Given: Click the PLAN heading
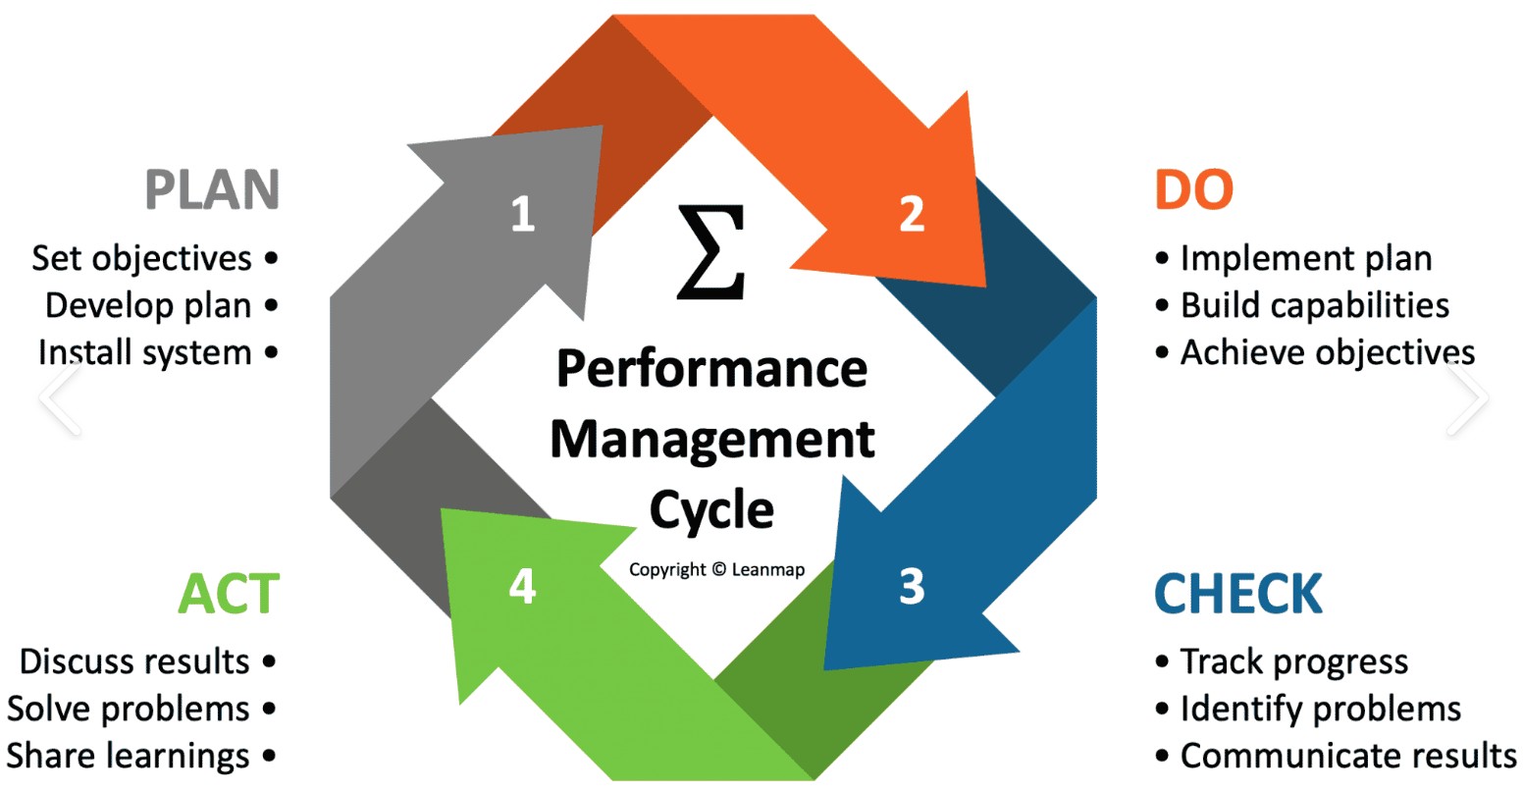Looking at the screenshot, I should coord(212,189).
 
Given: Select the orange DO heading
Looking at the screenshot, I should coord(1193,189).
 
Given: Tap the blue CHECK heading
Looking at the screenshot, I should coord(1238,594).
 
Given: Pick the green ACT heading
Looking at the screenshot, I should coord(229,594).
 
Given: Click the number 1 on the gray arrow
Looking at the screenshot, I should coord(522,213).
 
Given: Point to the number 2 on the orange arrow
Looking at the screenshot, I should coord(912,213).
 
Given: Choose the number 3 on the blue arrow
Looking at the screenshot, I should coord(912,586).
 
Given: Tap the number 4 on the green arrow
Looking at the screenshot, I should coord(522,587).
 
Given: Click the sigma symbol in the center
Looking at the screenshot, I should coord(711,252).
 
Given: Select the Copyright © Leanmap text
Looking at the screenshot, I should coord(716,570).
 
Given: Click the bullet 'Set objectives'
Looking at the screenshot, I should coord(142,258).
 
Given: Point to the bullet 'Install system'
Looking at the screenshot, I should coord(145,352).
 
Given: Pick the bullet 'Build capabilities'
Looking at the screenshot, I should coord(1314,305).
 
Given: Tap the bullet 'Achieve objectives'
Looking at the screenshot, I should coord(1327,352).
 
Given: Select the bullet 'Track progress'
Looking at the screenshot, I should coord(1293,662).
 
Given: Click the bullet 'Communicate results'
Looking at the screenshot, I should coord(1347,756).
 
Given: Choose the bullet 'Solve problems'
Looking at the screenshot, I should coord(129,709).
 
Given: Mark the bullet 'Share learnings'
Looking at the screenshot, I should coord(129,756).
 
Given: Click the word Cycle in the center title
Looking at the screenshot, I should coord(711,509).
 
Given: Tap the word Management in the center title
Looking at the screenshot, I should coord(712,439).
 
